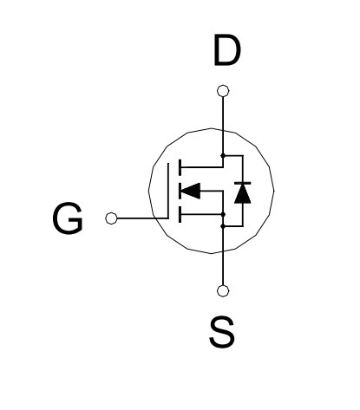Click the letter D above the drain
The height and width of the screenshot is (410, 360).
click(227, 50)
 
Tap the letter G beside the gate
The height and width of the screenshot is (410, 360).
click(68, 218)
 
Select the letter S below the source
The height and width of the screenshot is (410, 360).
click(222, 332)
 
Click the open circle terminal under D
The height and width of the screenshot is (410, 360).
click(223, 91)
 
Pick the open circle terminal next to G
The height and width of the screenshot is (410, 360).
click(111, 218)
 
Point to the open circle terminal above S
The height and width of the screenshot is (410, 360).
click(223, 291)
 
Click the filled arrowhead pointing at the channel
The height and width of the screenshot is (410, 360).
click(190, 191)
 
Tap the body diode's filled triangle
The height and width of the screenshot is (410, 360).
click(243, 193)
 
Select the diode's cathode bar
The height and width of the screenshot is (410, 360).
click(243, 183)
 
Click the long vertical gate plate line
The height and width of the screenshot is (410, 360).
click(168, 191)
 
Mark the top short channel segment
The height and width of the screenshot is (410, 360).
click(180, 167)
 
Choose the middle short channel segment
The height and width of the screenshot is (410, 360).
click(180, 191)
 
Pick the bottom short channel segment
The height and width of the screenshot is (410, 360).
click(180, 214)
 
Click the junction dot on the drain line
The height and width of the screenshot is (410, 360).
click(223, 155)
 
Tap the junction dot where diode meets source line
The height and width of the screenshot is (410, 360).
click(223, 226)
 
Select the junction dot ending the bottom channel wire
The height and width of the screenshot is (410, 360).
click(223, 214)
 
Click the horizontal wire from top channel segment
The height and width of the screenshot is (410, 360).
click(202, 167)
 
